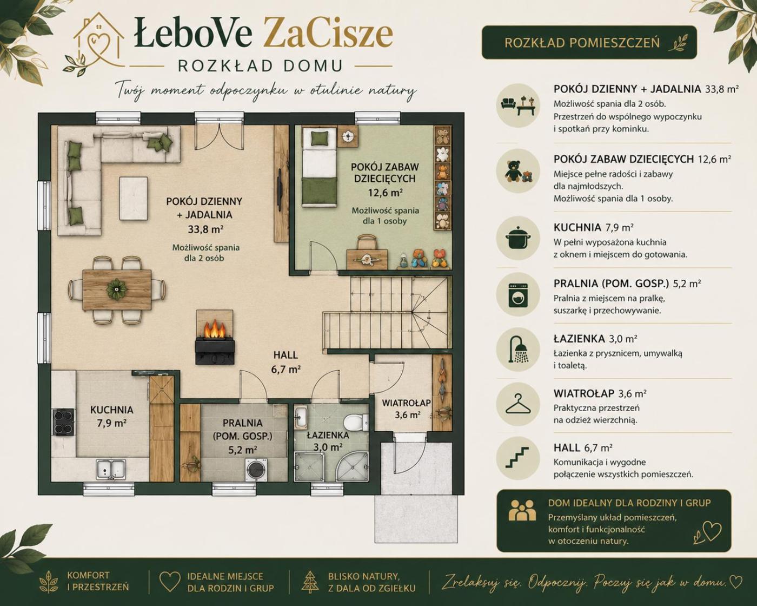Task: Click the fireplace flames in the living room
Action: (x=214, y=328)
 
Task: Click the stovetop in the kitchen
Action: (x=63, y=422)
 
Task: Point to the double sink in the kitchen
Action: (x=111, y=469)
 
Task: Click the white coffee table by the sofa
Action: (x=134, y=199)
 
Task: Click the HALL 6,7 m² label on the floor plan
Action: (x=285, y=362)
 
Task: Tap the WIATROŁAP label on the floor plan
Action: (x=406, y=403)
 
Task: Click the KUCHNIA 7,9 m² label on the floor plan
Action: (x=112, y=416)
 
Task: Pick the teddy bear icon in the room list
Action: (x=518, y=172)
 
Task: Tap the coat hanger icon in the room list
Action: (x=518, y=404)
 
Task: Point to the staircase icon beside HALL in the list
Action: (x=518, y=458)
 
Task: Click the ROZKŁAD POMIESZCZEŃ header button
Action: (x=589, y=43)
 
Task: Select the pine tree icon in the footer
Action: (x=310, y=582)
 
